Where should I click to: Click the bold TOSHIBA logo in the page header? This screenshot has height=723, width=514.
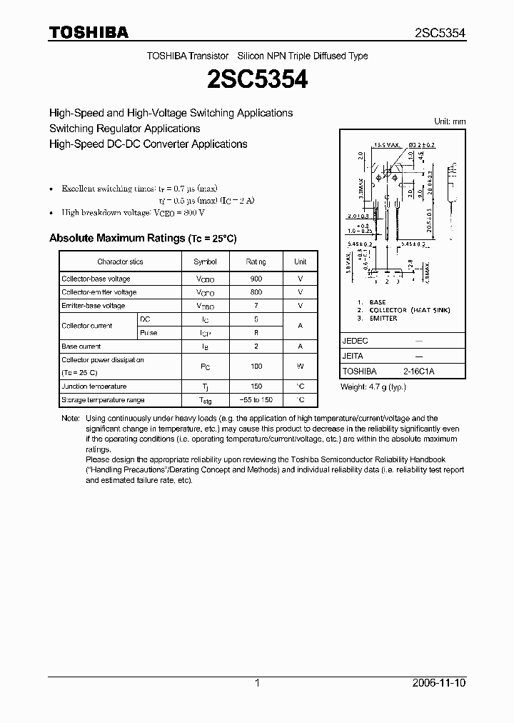click(89, 32)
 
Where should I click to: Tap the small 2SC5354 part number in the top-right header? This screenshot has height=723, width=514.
click(440, 33)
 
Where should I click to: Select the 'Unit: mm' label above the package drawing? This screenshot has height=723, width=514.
click(450, 121)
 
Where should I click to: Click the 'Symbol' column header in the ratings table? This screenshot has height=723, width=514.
click(205, 262)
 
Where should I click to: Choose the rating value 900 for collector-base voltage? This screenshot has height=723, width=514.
click(256, 279)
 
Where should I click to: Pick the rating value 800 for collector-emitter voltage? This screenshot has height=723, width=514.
click(256, 292)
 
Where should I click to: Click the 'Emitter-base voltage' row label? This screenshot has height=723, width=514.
click(93, 306)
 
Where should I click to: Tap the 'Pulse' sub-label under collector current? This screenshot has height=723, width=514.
click(148, 333)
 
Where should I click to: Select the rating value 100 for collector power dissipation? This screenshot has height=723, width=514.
click(256, 367)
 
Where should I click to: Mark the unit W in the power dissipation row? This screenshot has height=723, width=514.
click(301, 367)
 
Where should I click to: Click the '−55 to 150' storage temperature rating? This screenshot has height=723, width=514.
click(256, 400)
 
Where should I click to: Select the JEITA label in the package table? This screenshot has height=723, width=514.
click(353, 356)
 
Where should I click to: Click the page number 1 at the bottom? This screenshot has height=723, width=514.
click(257, 683)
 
